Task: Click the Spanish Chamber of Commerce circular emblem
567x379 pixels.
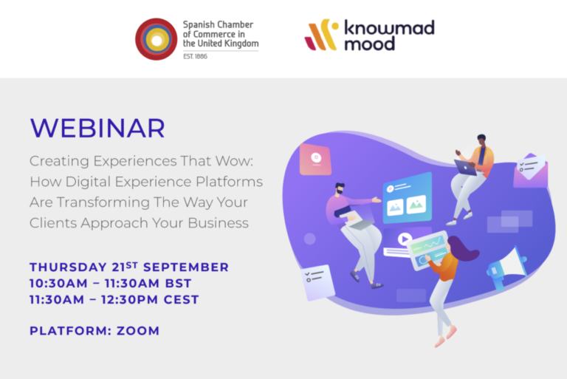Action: point(157,39)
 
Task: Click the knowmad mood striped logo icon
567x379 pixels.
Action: point(321,35)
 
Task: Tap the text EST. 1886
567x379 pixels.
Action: point(195,56)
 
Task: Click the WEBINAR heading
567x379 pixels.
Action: point(97,128)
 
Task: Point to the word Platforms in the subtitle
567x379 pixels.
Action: point(230,182)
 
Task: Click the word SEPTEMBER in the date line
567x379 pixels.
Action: point(186,267)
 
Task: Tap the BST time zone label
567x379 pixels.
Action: point(178,283)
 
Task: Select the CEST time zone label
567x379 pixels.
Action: point(181,300)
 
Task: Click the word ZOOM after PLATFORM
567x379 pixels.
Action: point(138,331)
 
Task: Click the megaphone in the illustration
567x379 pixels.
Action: point(507,267)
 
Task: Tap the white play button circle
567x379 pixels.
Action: point(405,239)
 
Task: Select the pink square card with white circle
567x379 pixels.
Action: point(315,160)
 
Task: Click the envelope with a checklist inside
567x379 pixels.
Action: point(531,171)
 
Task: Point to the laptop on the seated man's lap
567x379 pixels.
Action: point(467,168)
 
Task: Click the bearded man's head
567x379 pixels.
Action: point(340,188)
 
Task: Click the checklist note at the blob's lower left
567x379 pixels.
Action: point(317,282)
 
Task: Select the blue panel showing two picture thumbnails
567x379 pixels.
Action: point(408,198)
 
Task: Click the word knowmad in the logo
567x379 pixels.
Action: point(389,27)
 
